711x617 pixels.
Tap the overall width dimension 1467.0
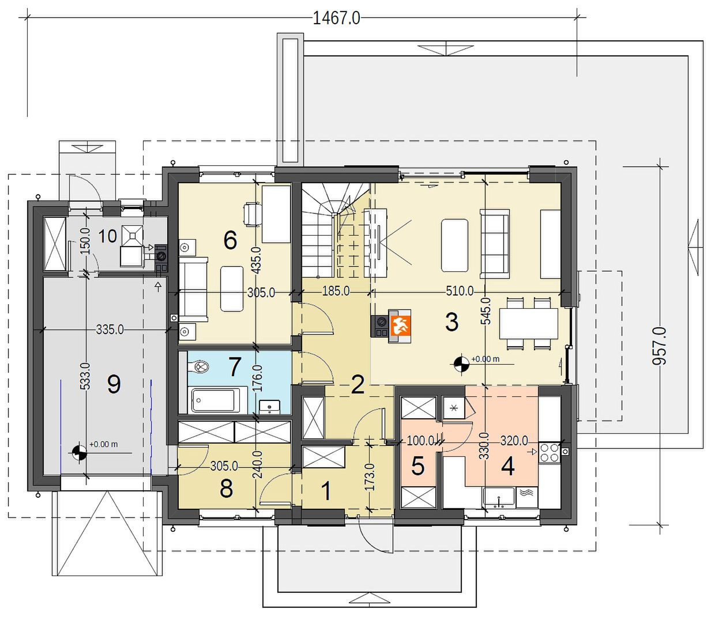pyautogui.click(x=336, y=18)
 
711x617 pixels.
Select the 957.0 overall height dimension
pyautogui.click(x=659, y=346)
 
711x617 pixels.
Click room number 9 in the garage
pyautogui.click(x=114, y=384)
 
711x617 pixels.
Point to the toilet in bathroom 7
pyautogui.click(x=200, y=366)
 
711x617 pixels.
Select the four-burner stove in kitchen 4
pyautogui.click(x=549, y=452)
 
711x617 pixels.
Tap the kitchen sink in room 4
pyautogui.click(x=498, y=497)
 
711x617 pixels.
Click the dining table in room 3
pyautogui.click(x=529, y=323)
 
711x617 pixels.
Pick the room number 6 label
pyautogui.click(x=231, y=240)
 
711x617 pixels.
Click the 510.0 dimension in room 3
pyautogui.click(x=460, y=291)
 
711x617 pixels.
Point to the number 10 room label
pyautogui.click(x=107, y=236)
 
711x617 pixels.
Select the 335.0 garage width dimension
pyautogui.click(x=110, y=329)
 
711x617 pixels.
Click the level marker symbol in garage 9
pyautogui.click(x=79, y=453)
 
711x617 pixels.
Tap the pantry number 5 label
pyautogui.click(x=417, y=465)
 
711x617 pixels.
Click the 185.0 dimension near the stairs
pyautogui.click(x=336, y=291)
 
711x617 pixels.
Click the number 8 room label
pyautogui.click(x=226, y=489)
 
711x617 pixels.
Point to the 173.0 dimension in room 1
pyautogui.click(x=370, y=476)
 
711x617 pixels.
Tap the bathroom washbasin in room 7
pyautogui.click(x=270, y=407)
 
